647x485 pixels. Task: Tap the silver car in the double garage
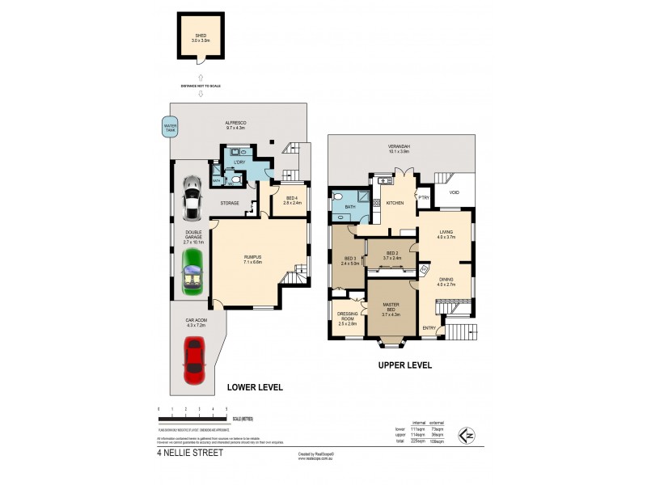pyautogui.click(x=192, y=199)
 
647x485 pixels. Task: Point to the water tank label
pyautogui.click(x=170, y=127)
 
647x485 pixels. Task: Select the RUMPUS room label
pyautogui.click(x=253, y=259)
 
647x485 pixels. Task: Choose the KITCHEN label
pyautogui.click(x=395, y=203)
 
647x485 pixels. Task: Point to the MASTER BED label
pyautogui.click(x=391, y=307)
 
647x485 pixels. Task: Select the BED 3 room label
pyautogui.click(x=349, y=260)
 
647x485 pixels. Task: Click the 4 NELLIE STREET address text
pyautogui.click(x=189, y=453)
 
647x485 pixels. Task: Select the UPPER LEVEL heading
pyautogui.click(x=405, y=365)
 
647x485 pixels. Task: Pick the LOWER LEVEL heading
pyautogui.click(x=254, y=387)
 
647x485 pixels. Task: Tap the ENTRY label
pyautogui.click(x=429, y=327)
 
